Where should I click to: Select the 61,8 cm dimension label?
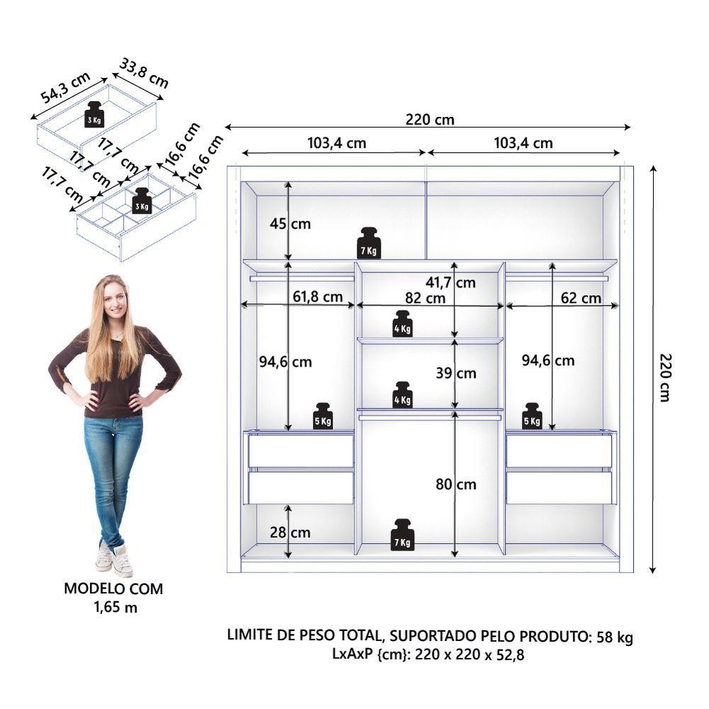(318, 297)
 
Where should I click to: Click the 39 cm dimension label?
(456, 374)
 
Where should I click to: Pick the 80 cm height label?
(456, 485)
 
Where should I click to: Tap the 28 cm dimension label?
(290, 532)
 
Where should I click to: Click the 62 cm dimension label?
(581, 298)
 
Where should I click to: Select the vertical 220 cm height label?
(664, 377)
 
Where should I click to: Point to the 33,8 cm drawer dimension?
(144, 72)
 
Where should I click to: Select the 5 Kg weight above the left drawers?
(323, 416)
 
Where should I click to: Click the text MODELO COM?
(113, 588)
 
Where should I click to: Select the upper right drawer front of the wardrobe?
(559, 451)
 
